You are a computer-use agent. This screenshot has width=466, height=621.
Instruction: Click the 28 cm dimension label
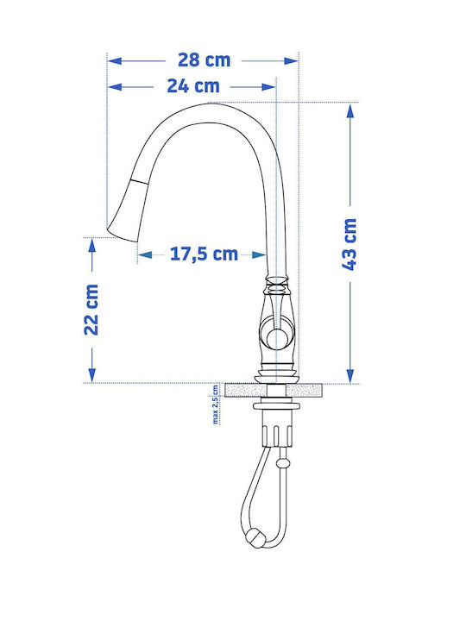click(204, 60)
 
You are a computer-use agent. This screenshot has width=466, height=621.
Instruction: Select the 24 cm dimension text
click(193, 86)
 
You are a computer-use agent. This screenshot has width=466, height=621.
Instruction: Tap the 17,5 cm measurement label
click(204, 254)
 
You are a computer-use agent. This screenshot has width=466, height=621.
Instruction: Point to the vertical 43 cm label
click(349, 244)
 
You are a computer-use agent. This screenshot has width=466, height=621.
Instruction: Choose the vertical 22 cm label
click(91, 310)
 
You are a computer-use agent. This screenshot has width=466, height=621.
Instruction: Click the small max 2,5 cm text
click(215, 405)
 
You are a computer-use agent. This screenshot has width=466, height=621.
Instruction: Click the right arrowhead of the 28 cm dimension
click(291, 61)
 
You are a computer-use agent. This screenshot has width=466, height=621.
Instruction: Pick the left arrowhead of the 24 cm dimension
click(115, 87)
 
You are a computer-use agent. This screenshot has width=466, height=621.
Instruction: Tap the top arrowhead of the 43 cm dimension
click(350, 111)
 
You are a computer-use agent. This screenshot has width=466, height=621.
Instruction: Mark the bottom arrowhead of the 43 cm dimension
click(350, 375)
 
